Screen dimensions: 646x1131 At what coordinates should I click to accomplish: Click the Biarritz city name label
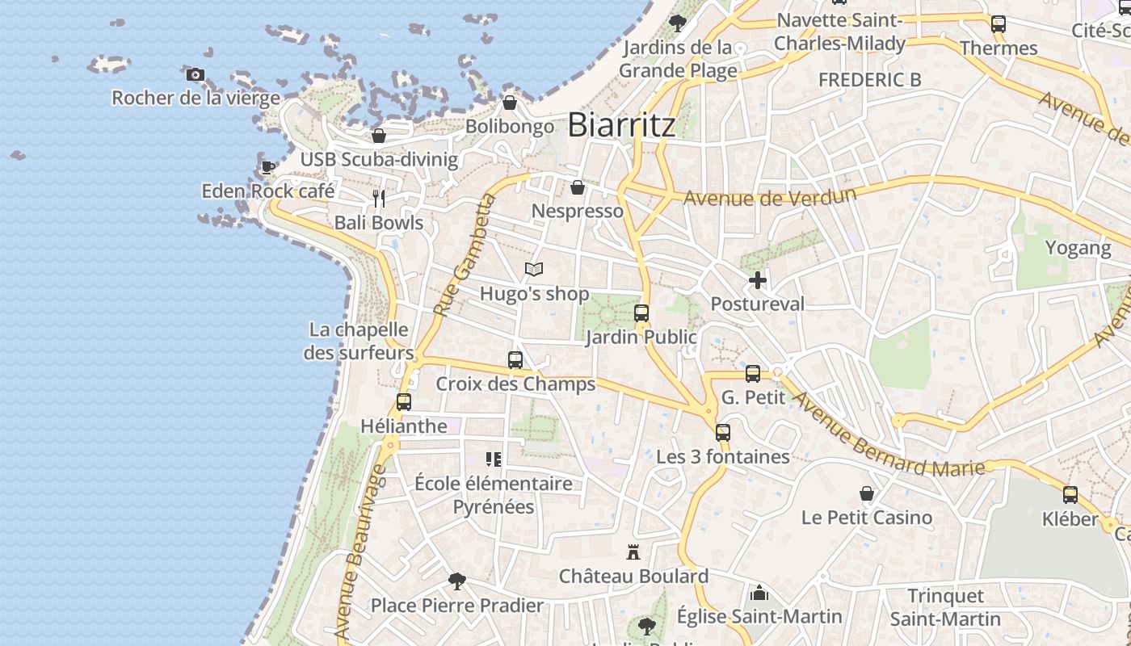621,125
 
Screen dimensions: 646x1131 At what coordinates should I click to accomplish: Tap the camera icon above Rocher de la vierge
195,75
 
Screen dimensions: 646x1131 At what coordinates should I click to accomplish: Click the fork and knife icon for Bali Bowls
379,198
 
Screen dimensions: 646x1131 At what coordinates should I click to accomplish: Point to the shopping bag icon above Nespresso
578,187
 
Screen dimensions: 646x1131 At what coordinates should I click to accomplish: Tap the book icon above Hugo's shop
533,270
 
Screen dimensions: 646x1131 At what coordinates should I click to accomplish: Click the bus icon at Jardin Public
641,313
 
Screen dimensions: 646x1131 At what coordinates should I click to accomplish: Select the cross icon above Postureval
757,280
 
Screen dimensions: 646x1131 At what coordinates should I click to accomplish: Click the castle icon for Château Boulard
633,552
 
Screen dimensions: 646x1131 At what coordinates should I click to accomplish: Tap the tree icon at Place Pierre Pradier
457,581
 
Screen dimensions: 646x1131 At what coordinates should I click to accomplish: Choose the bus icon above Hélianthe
404,401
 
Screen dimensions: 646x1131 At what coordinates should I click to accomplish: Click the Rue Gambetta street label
464,255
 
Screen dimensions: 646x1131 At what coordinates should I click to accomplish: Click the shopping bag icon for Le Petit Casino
867,493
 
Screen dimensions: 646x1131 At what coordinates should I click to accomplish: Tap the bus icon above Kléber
1070,495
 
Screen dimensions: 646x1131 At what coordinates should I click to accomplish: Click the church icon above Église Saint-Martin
759,594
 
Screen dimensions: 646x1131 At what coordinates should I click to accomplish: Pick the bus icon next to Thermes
999,24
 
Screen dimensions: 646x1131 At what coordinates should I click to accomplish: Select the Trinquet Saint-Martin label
945,607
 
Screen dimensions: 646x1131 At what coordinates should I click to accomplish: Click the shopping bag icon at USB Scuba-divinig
379,136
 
